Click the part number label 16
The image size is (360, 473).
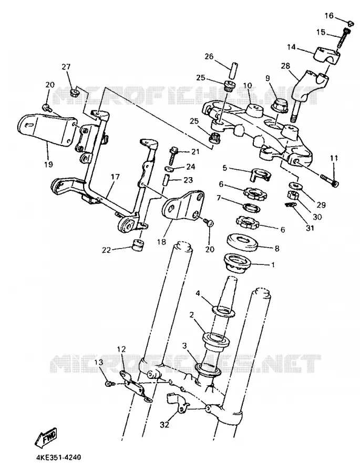point(329,15)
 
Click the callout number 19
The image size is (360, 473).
point(48,164)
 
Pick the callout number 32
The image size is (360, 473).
point(164,425)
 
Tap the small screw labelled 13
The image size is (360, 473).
point(109,384)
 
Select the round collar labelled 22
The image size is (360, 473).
point(137,244)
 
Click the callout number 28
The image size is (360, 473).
point(285,66)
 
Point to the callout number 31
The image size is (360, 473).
point(310,228)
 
